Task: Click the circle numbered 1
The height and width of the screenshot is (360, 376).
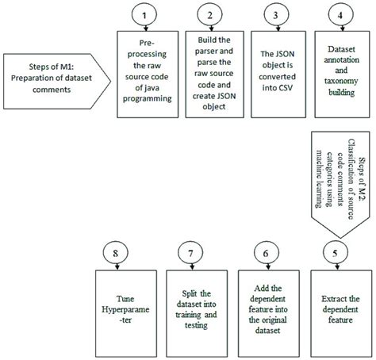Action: pyautogui.click(x=143, y=15)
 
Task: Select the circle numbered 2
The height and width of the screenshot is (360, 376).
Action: pyautogui.click(x=209, y=15)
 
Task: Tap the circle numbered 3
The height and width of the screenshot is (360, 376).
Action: pyautogui.click(x=274, y=15)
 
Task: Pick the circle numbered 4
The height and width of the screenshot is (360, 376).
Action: pyautogui.click(x=340, y=15)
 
